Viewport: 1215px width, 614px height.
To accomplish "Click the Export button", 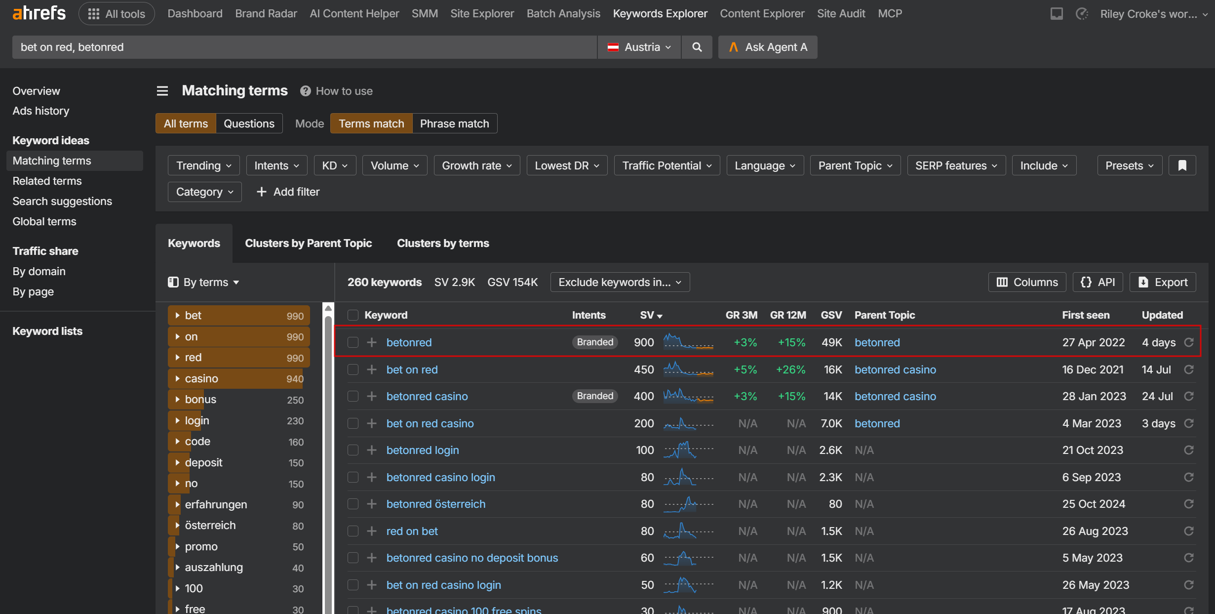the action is point(1163,282).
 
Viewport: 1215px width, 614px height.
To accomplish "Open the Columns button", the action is point(1027,282).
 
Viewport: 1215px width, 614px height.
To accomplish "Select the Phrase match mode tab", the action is point(454,123).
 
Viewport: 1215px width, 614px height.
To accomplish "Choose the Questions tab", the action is point(249,123).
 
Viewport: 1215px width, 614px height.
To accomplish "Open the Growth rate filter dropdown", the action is point(476,165).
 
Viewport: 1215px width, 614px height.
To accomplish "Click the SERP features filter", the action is point(956,165).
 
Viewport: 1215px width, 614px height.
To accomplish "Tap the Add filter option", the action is point(288,192).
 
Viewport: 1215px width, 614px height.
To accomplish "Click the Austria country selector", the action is point(639,47).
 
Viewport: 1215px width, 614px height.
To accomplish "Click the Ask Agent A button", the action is point(768,47).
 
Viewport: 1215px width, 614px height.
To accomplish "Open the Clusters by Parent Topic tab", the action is point(308,243).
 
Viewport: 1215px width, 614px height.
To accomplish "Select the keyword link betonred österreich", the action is point(436,504).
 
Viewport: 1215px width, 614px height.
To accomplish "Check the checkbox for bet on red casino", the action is point(353,423).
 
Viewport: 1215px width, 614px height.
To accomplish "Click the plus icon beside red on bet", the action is point(372,531).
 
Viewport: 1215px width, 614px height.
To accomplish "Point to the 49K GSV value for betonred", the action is point(832,342).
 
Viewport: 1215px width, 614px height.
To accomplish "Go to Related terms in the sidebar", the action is point(47,181).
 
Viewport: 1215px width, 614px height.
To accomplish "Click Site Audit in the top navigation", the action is point(841,13).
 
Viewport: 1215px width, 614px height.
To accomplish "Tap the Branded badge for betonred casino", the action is point(595,396).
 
